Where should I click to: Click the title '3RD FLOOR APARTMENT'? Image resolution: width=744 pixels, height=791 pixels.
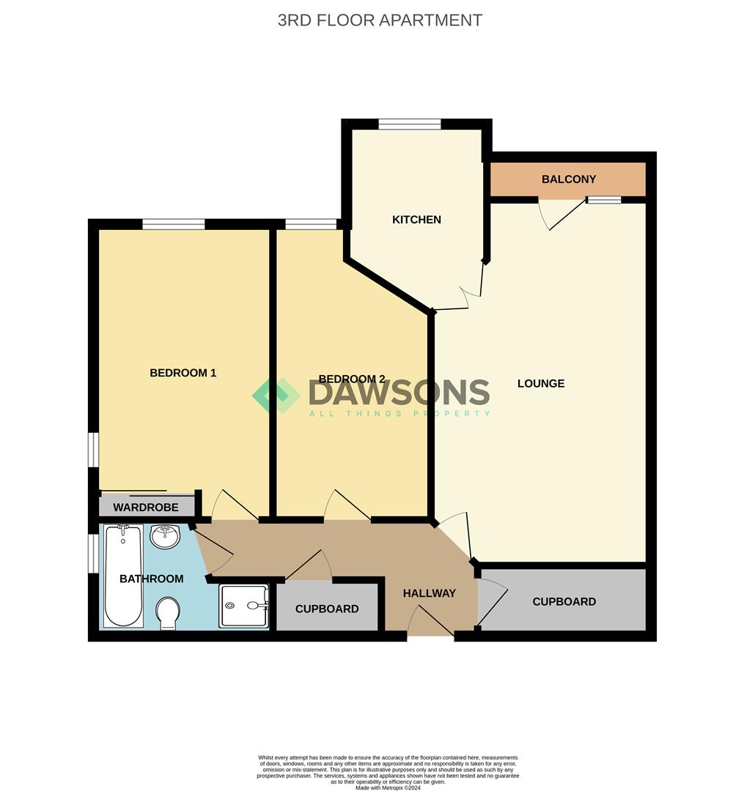[380, 20]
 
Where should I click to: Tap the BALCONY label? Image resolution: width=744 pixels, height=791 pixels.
[568, 179]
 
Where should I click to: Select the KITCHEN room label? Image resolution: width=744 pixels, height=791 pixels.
[416, 220]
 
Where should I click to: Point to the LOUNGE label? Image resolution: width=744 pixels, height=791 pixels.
[541, 383]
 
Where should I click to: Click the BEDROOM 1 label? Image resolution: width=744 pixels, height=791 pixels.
[183, 373]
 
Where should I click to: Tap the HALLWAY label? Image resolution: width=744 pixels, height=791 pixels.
[430, 593]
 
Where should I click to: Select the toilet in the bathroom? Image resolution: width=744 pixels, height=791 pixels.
[168, 612]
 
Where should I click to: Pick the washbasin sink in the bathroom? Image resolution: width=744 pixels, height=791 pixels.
[164, 537]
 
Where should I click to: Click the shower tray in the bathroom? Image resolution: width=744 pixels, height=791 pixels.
[243, 606]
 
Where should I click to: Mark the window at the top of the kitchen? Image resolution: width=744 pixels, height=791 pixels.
[410, 124]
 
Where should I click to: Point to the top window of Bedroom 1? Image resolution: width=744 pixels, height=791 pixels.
[174, 224]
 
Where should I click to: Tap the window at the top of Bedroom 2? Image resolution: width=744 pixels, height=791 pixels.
[311, 224]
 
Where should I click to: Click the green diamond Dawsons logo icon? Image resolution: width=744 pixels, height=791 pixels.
[276, 395]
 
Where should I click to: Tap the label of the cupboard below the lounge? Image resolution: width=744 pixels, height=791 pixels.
[564, 601]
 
